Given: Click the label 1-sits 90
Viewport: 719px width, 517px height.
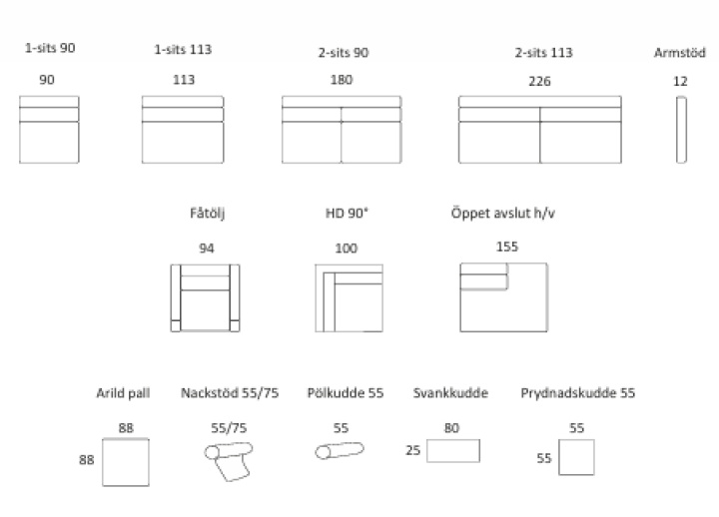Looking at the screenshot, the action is pos(50,48).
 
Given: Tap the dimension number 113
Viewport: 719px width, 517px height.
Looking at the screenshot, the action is pos(184,80).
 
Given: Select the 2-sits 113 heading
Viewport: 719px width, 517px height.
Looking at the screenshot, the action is pos(543,53).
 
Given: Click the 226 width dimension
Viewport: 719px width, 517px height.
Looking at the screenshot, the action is pos(539,82).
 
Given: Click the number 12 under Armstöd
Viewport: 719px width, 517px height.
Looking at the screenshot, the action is pos(680,82).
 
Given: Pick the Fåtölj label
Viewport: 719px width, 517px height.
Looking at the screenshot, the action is pos(208,214).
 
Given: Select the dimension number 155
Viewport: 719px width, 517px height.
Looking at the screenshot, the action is pos(506,247).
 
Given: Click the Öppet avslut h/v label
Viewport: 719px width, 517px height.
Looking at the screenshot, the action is pos(503,214).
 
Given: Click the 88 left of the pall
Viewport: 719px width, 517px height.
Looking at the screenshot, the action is pos(86,460).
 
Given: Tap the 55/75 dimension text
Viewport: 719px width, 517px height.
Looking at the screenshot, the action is pos(229,428).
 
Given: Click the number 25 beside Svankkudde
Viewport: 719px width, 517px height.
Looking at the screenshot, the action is pos(412,450).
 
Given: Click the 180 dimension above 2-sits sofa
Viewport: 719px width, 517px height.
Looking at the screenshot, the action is pos(342,80).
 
